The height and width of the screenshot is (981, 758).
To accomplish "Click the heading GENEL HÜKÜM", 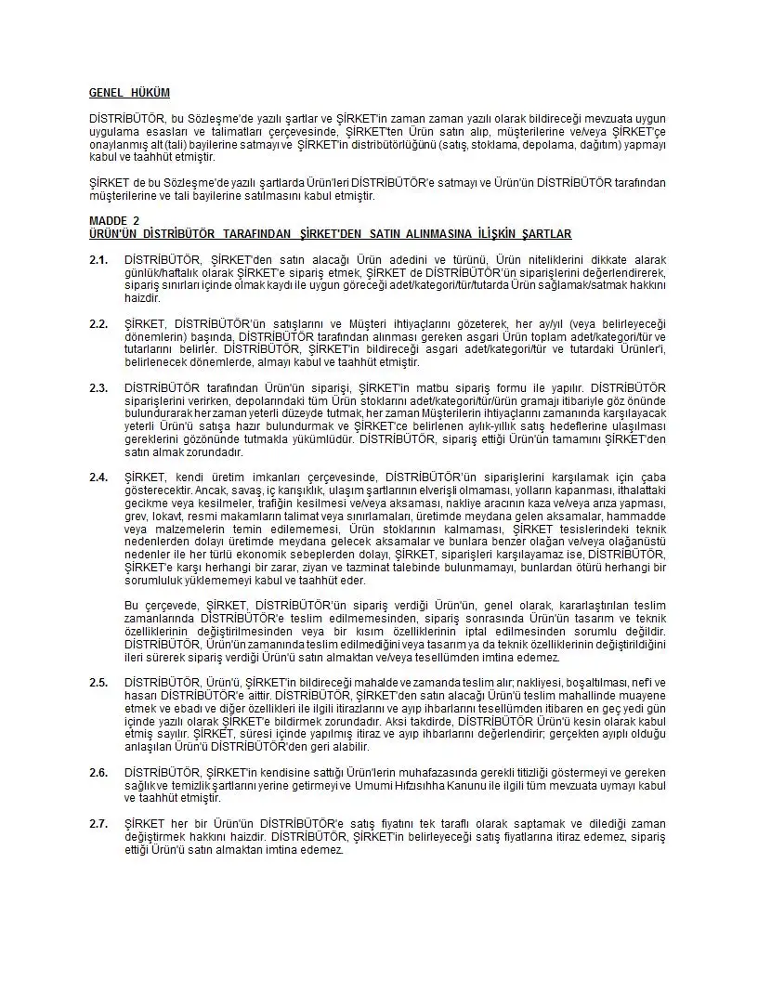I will coord(129,93).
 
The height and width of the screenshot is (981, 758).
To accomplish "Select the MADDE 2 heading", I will coord(113,220).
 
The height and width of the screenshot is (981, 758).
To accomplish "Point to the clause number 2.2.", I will coord(98,322).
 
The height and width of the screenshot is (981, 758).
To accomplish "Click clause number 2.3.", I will coord(98,386).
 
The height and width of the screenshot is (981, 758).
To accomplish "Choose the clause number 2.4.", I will coord(98,477).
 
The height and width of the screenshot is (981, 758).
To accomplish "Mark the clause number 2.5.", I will coord(98,683).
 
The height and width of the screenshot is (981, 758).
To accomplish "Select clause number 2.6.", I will coord(98,773).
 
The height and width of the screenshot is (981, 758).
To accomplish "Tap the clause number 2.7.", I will coord(98,824).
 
